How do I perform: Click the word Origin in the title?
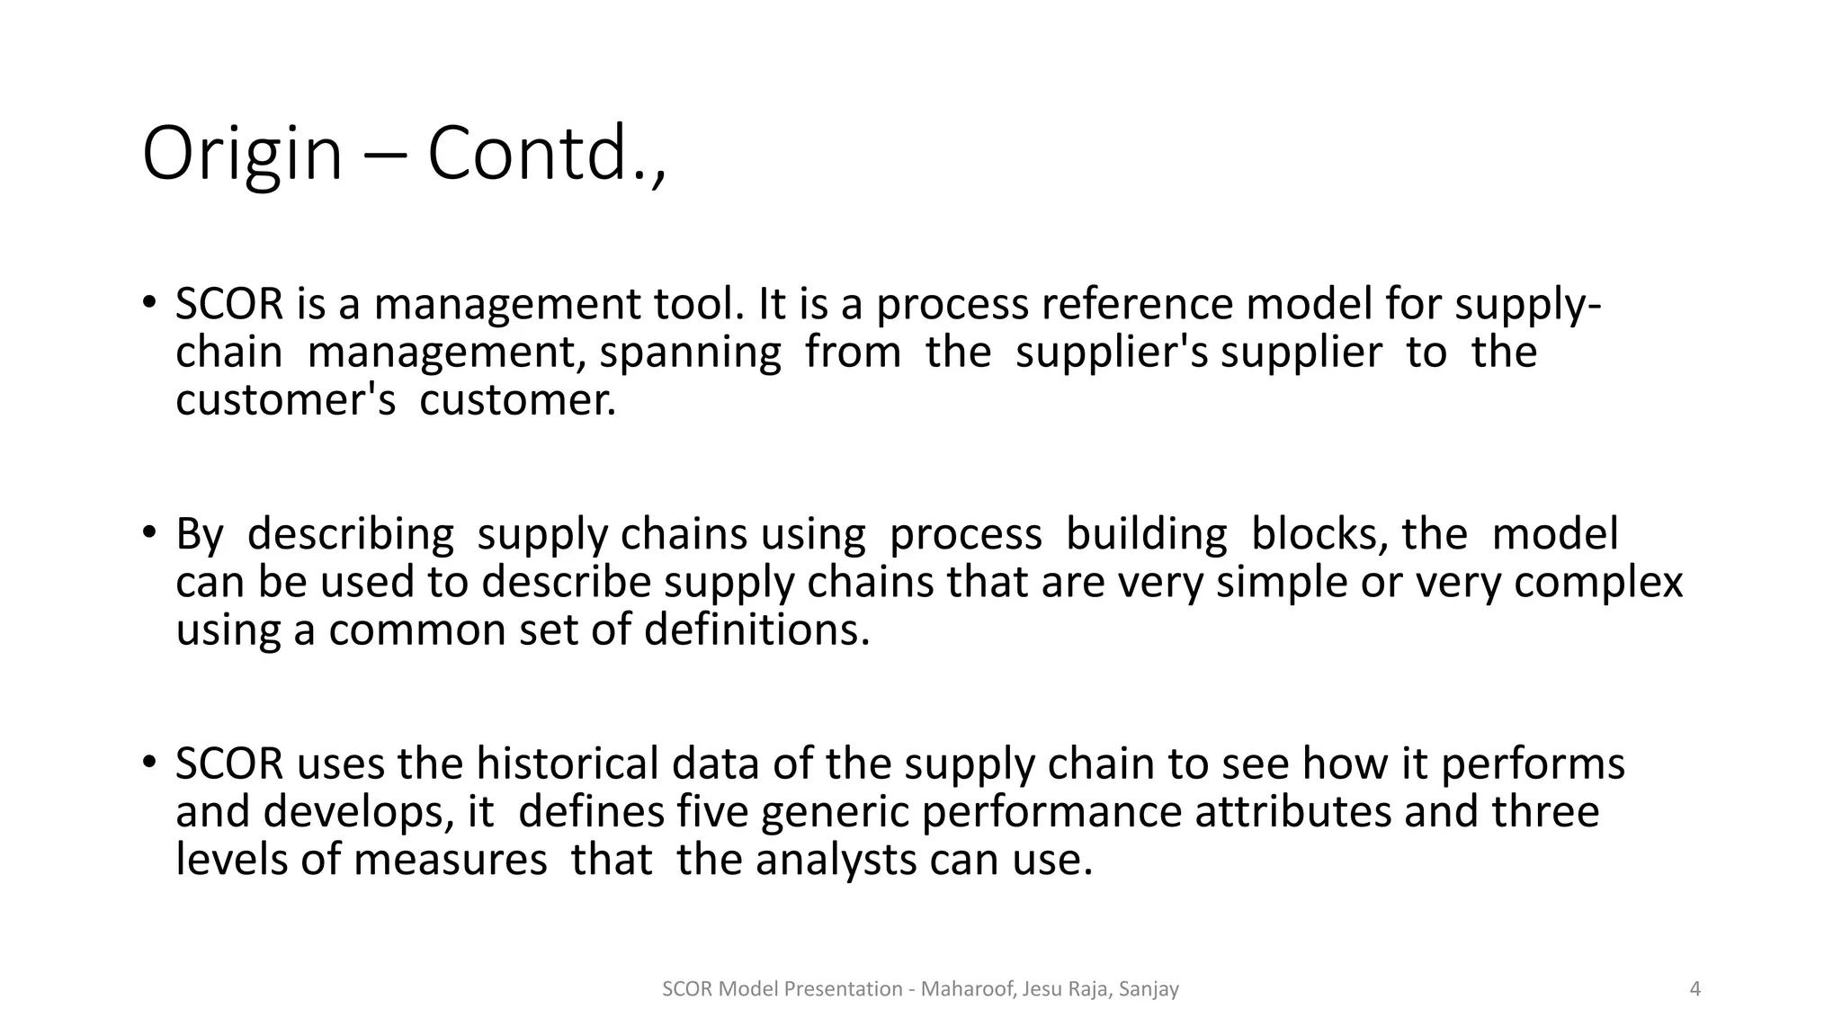click(242, 155)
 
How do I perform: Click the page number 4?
click(1695, 989)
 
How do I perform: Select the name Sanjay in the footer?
click(1149, 989)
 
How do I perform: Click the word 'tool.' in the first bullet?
click(700, 304)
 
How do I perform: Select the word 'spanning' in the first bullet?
click(690, 352)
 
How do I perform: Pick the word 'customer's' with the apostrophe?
click(285, 399)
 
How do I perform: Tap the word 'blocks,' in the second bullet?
click(1319, 534)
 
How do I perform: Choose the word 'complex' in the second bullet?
click(1598, 583)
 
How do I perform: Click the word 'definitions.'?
click(757, 630)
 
